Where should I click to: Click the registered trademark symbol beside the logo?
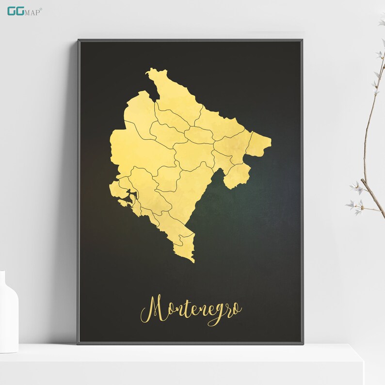pyautogui.click(x=41, y=7)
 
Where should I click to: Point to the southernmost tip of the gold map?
pyautogui.click(x=193, y=262)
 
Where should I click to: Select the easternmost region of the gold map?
pyautogui.click(x=258, y=144)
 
